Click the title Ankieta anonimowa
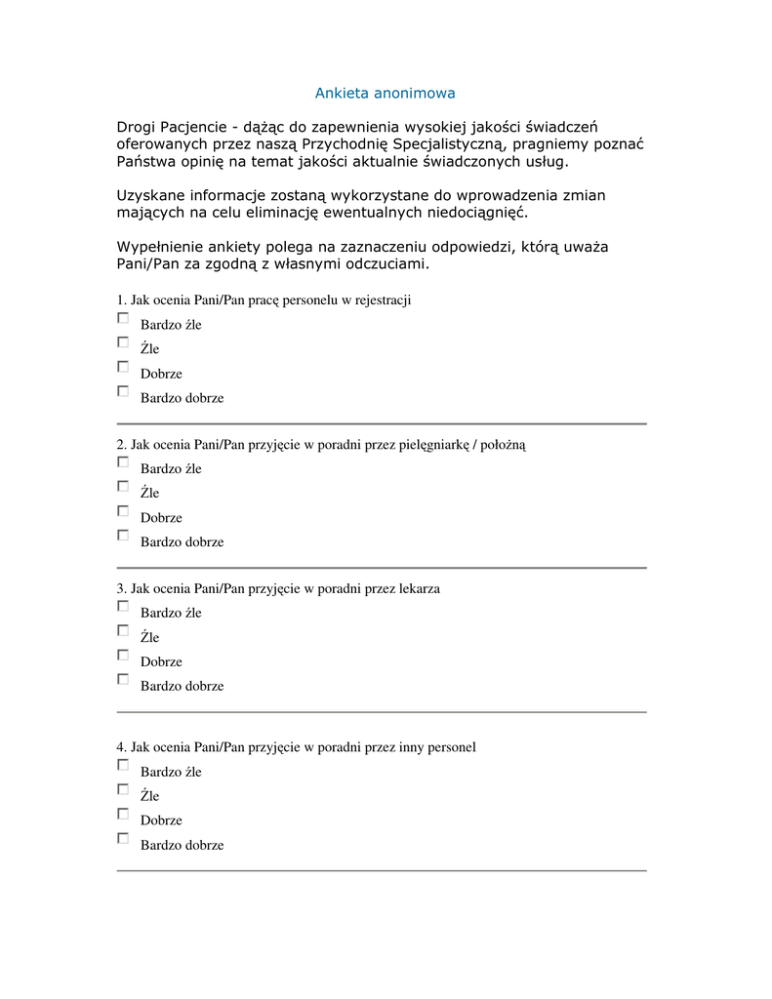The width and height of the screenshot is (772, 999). pos(385,94)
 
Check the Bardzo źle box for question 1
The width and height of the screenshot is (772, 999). pos(123,318)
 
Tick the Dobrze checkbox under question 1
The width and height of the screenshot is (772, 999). pos(123,367)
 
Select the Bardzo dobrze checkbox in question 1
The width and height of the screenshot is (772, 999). pos(123,391)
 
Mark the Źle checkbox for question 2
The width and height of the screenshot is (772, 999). pos(123,486)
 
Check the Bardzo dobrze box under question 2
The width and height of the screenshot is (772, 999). pos(123,535)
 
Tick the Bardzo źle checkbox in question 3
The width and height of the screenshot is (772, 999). pos(123,606)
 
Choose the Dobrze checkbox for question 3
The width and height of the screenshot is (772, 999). pos(123,655)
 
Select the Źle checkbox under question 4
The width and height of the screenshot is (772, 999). pos(123,789)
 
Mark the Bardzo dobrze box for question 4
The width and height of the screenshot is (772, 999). pos(123,838)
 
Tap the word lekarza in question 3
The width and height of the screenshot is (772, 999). pos(420,589)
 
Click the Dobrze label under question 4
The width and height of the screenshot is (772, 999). pos(161,820)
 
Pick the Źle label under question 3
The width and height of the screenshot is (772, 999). pos(149,638)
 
